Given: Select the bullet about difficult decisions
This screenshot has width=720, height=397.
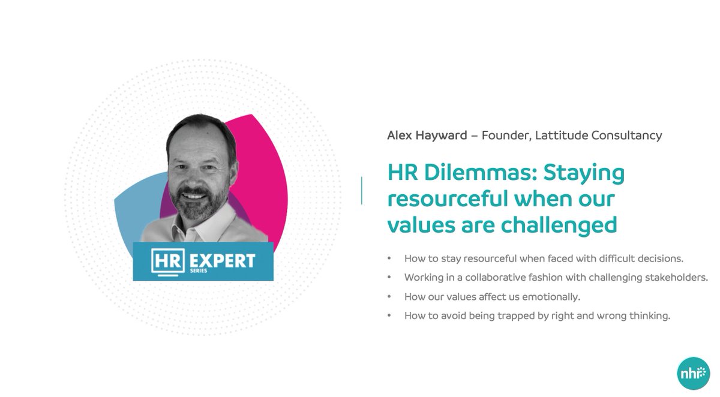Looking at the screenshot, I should click(x=544, y=259).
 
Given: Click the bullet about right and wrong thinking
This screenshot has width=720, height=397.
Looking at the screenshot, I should click(x=536, y=315).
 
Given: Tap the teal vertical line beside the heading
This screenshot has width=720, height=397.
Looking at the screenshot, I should click(x=362, y=191).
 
